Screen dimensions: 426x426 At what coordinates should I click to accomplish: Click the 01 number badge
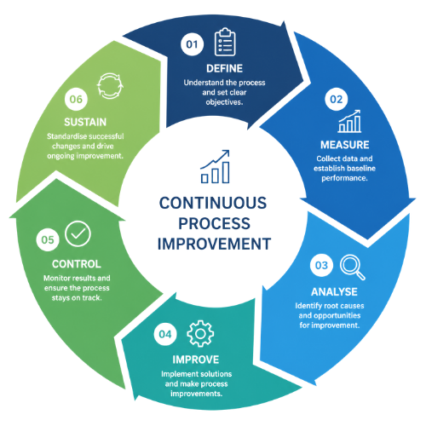coord(192,44)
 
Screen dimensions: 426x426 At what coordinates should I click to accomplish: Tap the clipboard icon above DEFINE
coord(225,42)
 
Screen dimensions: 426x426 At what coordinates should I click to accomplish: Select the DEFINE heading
coord(224,68)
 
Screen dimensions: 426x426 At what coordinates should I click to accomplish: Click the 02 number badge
coord(337,99)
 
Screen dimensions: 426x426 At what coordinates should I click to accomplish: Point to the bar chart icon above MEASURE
coord(349,121)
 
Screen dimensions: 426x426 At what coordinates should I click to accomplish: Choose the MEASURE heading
coord(345,145)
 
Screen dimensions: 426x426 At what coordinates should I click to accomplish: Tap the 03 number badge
coord(321,265)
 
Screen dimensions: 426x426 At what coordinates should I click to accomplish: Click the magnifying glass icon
coord(353,268)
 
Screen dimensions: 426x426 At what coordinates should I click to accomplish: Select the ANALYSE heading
coord(334,292)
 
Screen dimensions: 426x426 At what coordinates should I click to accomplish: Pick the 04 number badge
coord(165,334)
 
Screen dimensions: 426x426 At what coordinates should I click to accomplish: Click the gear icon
coord(200,333)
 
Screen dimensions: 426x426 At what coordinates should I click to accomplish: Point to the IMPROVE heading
coord(196,360)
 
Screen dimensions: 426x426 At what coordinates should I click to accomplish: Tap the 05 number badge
coord(48,239)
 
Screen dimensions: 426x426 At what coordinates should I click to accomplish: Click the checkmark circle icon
coord(78,233)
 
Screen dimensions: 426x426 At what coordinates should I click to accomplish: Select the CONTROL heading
coord(77,264)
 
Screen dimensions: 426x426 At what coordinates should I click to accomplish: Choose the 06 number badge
coord(76,99)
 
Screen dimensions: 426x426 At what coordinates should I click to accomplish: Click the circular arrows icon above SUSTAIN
coord(110,86)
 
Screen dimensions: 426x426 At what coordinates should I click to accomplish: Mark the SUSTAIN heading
coord(85,122)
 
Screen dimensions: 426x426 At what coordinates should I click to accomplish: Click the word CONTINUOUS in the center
coord(213,203)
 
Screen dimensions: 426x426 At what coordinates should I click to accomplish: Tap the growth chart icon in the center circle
coord(215,167)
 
